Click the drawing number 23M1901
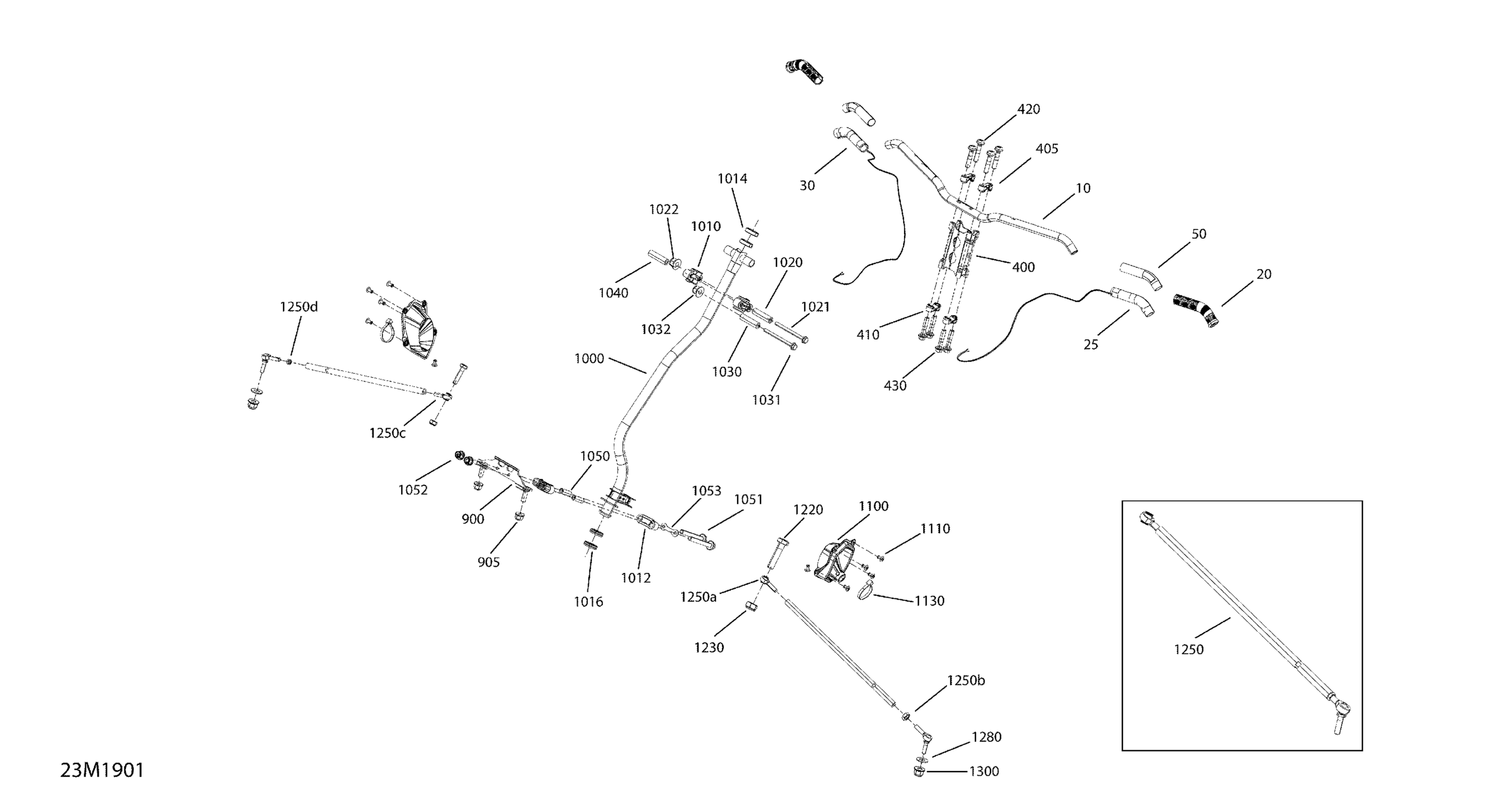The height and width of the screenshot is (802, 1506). coord(102,770)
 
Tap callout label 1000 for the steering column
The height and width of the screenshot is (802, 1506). coord(589,359)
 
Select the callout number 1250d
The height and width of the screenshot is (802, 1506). coord(299,307)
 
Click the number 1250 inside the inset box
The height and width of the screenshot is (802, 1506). coord(1188,650)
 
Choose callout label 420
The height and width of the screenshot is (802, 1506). coord(1029,109)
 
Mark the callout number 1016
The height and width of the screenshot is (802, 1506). coord(588,602)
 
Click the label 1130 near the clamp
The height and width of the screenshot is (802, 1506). coord(929,601)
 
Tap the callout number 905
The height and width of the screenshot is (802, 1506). coord(488,562)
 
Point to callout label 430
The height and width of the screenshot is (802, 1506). coord(895,386)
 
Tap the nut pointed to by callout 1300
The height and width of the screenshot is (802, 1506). coord(918,772)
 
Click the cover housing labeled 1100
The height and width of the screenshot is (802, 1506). coord(837,564)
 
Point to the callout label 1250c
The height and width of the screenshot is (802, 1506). coord(387,433)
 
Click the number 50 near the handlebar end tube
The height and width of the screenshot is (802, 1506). coord(1198,234)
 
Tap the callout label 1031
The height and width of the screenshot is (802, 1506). coord(766,401)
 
